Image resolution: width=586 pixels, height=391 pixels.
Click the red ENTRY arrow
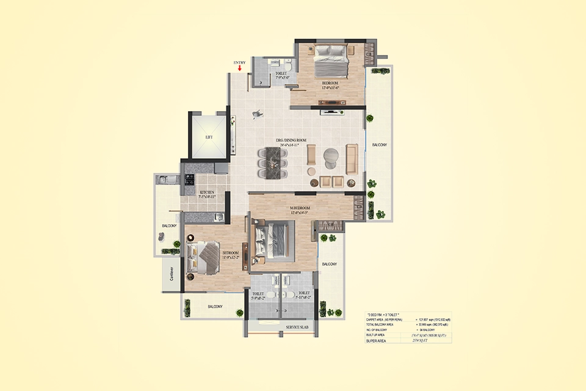[240, 68]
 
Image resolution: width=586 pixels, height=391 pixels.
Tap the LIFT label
[209, 137]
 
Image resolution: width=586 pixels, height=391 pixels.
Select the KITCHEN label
[207, 193]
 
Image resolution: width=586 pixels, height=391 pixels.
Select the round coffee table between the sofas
[330, 158]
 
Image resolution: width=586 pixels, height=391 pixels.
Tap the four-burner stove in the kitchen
[190, 180]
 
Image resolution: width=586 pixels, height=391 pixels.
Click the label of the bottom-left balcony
[215, 307]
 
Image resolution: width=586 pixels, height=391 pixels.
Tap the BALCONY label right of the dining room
[379, 145]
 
